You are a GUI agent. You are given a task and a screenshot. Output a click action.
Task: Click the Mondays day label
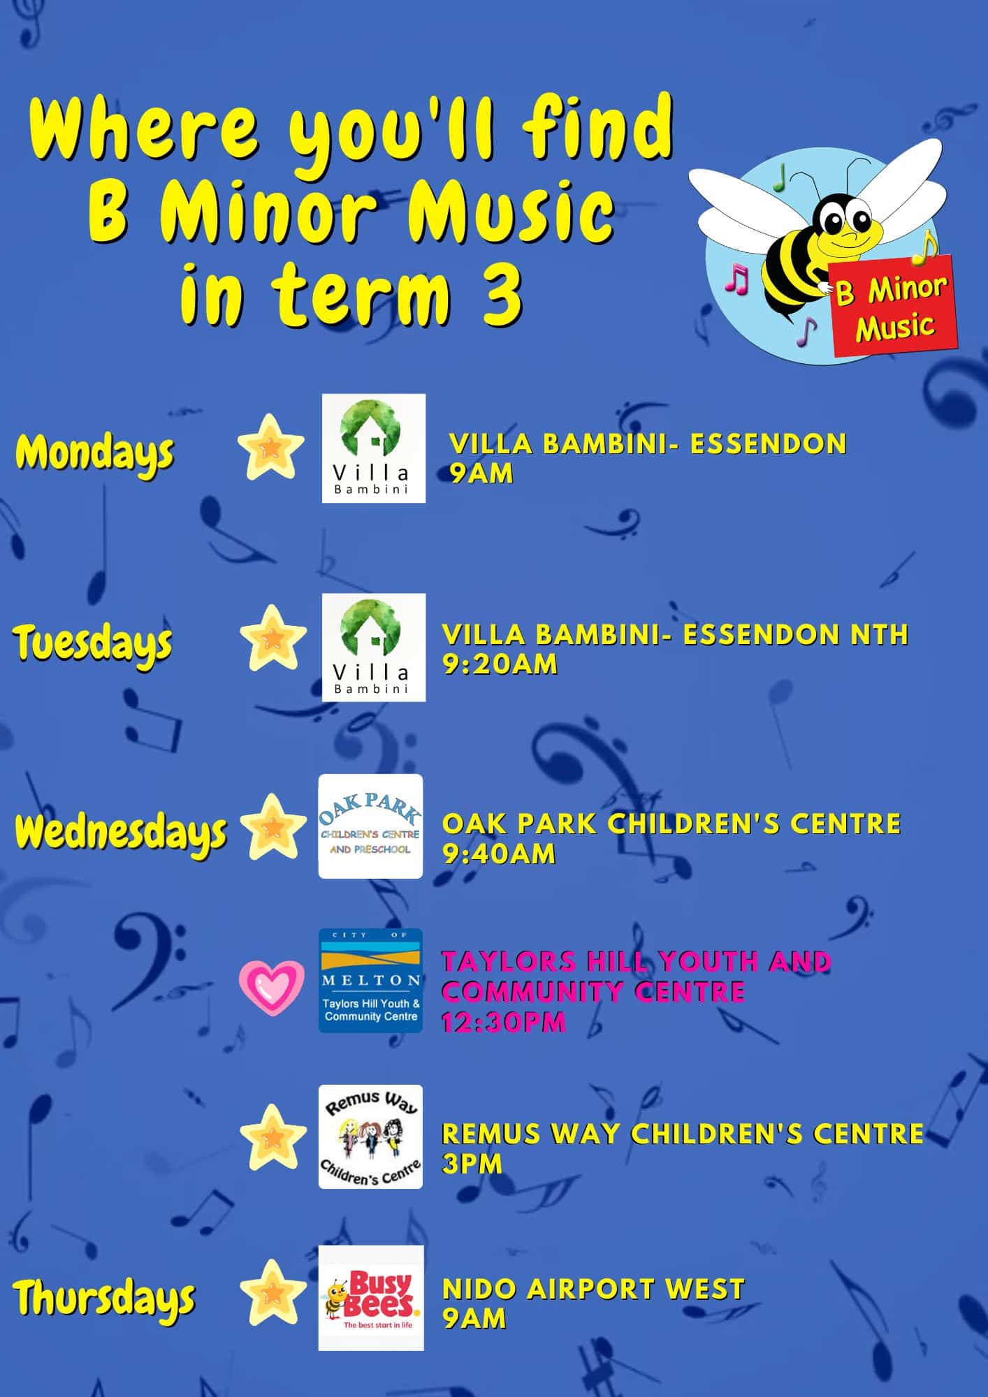click(94, 455)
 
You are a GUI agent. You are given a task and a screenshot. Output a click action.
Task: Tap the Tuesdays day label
click(93, 645)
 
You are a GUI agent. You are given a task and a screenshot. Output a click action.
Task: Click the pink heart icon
click(272, 988)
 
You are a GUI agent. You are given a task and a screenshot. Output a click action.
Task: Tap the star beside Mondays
click(271, 447)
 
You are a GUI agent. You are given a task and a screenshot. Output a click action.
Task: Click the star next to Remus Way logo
click(273, 1137)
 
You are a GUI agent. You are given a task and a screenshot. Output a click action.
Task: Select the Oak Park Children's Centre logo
click(370, 826)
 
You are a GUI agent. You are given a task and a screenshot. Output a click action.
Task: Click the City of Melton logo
click(370, 981)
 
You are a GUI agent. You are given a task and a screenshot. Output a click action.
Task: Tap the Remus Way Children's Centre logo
click(370, 1136)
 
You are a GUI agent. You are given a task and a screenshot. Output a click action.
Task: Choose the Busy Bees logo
click(371, 1298)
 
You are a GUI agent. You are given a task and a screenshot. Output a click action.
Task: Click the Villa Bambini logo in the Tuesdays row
click(374, 648)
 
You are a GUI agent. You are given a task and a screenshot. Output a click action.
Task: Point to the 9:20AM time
click(500, 664)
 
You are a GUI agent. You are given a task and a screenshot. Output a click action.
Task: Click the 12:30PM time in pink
click(503, 1023)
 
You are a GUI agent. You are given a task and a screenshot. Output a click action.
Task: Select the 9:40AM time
click(500, 854)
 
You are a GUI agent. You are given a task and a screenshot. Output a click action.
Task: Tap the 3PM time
click(472, 1164)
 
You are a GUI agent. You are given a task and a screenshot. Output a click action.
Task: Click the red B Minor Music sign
click(894, 306)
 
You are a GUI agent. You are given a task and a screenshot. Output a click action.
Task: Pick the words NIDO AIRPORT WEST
click(594, 1289)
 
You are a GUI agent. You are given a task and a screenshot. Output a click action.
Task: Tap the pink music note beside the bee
click(736, 279)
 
